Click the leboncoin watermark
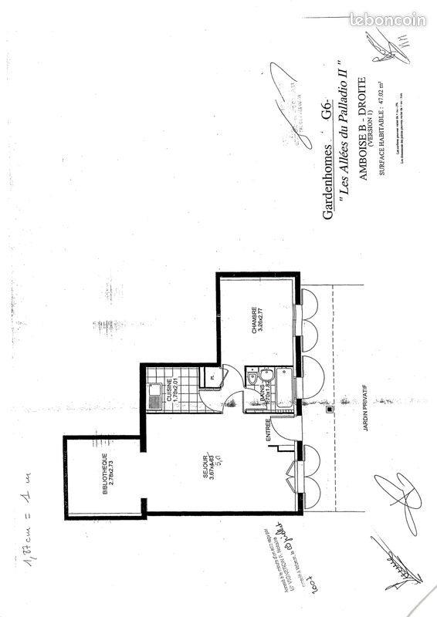(387, 20)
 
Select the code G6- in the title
(327, 110)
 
